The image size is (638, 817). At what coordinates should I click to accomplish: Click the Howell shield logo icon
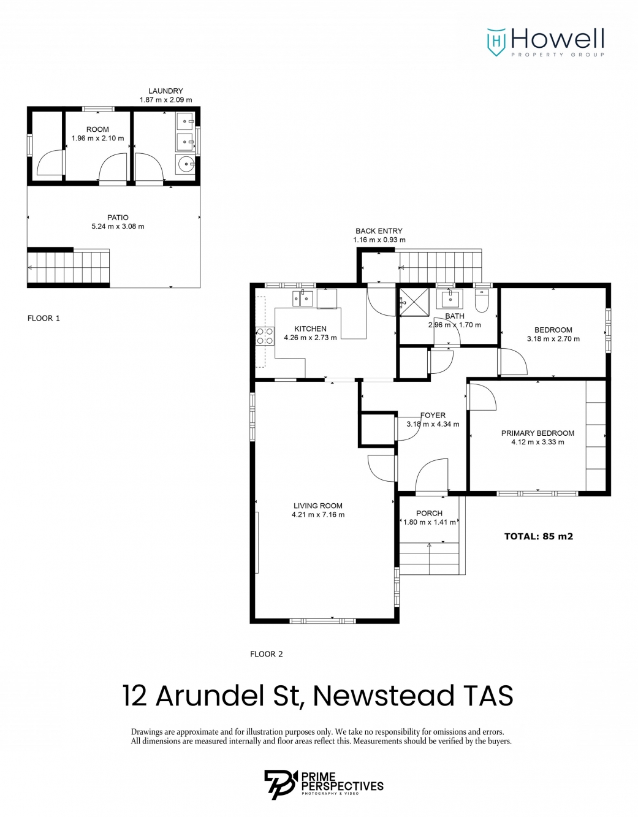point(496,42)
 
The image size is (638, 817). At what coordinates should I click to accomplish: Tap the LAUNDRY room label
point(165,91)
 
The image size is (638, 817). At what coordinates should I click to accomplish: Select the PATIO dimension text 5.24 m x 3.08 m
point(118,227)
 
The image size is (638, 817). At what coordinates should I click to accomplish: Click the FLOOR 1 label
point(44,318)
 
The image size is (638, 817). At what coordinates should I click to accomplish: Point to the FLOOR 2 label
point(267,654)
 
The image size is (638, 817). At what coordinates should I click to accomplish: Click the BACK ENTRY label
point(379,231)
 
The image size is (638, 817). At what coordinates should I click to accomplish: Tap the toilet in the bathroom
point(482,300)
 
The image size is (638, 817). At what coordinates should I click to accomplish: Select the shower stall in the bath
point(414,302)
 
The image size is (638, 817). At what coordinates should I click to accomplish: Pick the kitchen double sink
point(303,298)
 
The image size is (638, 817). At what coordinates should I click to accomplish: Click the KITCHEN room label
point(310,329)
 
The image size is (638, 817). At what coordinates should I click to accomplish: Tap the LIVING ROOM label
point(317,506)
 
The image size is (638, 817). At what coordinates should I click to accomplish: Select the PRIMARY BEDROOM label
point(537,433)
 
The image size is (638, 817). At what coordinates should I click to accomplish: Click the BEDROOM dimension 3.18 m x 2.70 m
point(553,339)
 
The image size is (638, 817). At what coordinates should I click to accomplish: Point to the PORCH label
point(429,513)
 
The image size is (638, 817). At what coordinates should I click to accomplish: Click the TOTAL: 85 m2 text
point(538,536)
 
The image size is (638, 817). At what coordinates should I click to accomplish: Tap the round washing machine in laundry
point(185,164)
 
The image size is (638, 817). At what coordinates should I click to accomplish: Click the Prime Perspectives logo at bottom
point(324,785)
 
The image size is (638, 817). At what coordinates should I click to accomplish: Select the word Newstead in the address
point(383,696)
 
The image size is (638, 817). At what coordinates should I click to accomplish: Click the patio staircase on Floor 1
point(69,267)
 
